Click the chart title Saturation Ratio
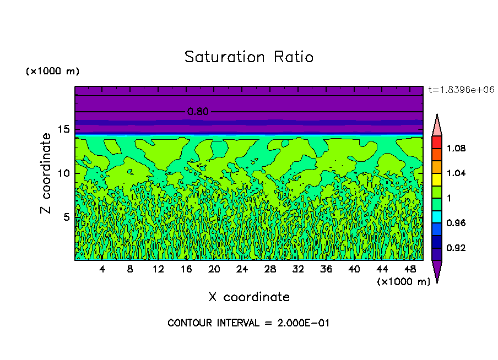tap(249, 57)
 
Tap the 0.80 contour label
tap(198, 112)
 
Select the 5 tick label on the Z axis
tap(65, 217)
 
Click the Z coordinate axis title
tap(46, 173)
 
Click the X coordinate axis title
tap(249, 297)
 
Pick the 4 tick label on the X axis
tap(102, 270)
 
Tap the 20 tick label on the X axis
tap(214, 270)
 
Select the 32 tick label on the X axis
tap(298, 270)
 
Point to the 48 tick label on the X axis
tap(410, 270)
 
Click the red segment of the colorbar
tap(437, 142)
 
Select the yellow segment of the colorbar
tap(437, 179)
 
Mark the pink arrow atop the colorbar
tap(437, 125)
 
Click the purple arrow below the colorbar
tap(437, 271)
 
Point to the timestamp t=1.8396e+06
tap(461, 90)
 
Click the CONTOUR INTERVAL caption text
tap(248, 323)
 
